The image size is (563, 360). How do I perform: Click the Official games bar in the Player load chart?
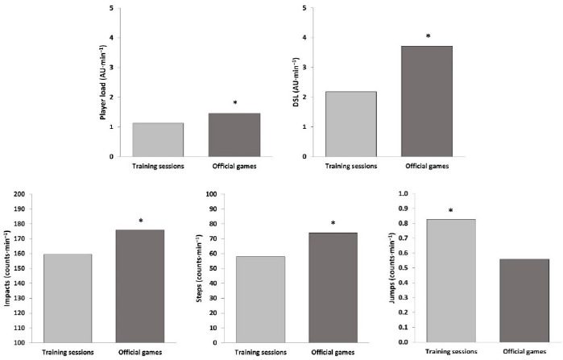(234, 134)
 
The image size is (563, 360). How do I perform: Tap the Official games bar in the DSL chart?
(428, 101)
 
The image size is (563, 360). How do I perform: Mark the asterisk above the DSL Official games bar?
(428, 37)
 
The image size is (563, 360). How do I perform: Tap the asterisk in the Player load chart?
(234, 103)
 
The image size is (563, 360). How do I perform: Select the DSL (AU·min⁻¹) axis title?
(296, 81)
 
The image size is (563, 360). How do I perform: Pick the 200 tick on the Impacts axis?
(19, 194)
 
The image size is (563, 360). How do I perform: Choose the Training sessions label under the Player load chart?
(158, 167)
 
